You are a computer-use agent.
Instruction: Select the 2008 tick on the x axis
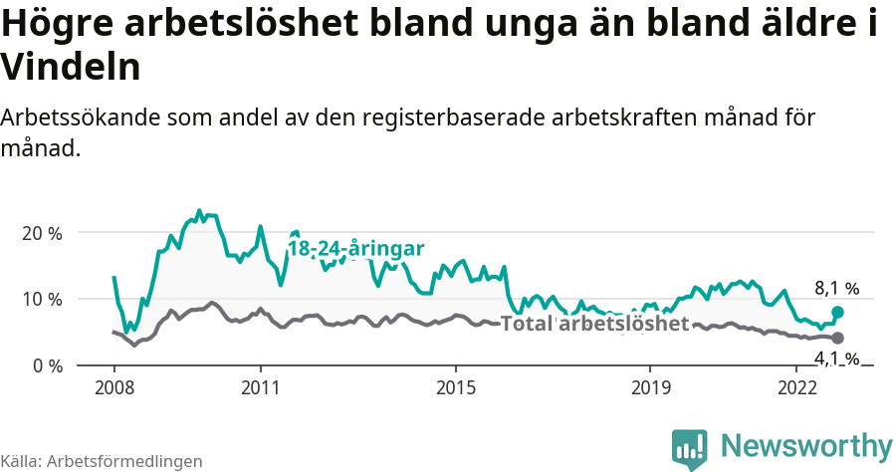pyautogui.click(x=113, y=386)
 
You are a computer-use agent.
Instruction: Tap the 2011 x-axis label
pyautogui.click(x=260, y=386)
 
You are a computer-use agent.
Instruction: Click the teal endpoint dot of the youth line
pyautogui.click(x=837, y=312)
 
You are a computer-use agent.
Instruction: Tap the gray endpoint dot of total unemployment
pyautogui.click(x=837, y=339)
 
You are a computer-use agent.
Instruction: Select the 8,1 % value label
pyautogui.click(x=836, y=289)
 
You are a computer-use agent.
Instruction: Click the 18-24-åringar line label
pyautogui.click(x=356, y=248)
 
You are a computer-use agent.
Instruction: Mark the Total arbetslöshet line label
pyautogui.click(x=594, y=324)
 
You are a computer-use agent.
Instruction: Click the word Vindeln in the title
pyautogui.click(x=70, y=67)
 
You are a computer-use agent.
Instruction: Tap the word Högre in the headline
pyautogui.click(x=55, y=25)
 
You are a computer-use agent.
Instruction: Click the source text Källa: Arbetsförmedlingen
pyautogui.click(x=102, y=461)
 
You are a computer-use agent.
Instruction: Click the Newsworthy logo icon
pyautogui.click(x=690, y=447)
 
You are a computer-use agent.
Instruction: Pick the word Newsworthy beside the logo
pyautogui.click(x=806, y=445)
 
